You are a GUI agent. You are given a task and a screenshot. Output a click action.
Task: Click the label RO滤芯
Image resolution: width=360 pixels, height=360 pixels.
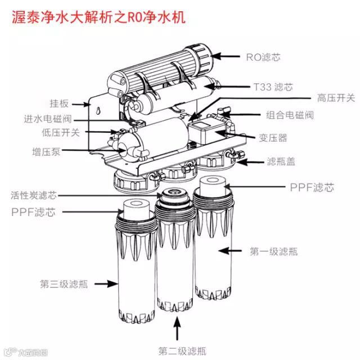263,57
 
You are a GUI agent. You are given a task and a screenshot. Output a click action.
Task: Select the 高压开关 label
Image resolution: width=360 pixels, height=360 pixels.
336,98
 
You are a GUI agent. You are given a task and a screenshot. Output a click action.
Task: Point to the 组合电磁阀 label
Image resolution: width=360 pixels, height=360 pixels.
290,115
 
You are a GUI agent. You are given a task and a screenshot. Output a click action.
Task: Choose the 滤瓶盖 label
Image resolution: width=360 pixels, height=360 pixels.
281,161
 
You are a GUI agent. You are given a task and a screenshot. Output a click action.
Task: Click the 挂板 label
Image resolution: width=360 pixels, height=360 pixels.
59,103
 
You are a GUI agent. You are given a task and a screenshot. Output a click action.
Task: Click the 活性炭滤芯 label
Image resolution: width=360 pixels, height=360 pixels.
34,196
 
